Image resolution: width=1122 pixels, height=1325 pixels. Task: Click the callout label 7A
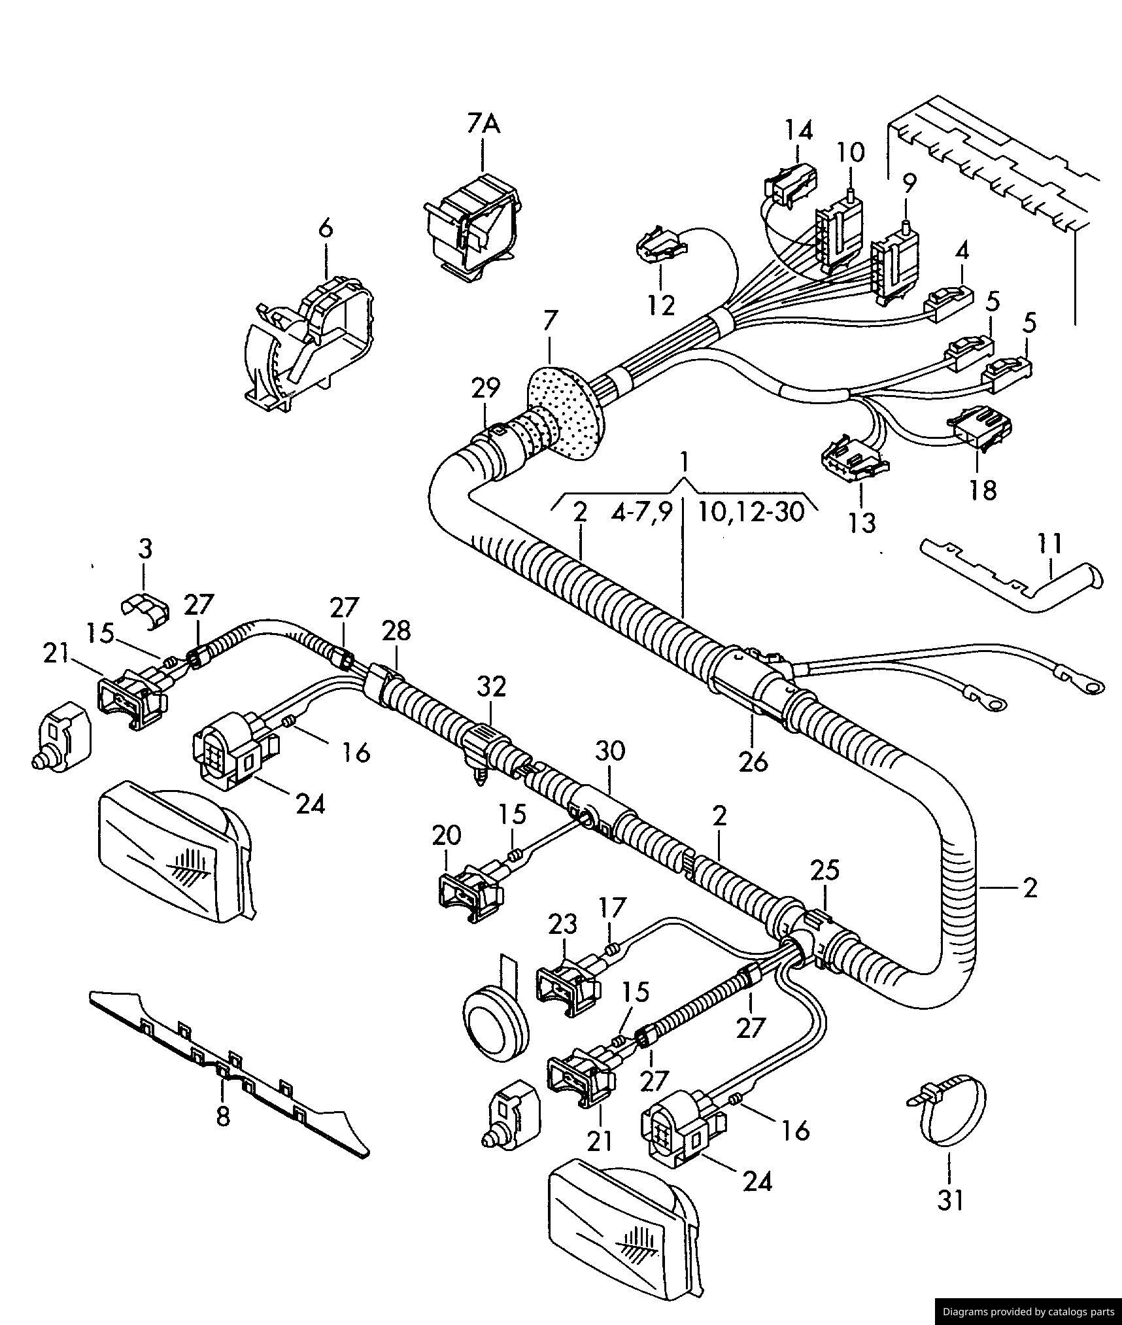(x=483, y=123)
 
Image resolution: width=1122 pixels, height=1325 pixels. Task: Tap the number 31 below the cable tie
(x=950, y=1200)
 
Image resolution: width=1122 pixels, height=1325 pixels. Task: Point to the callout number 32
(x=491, y=687)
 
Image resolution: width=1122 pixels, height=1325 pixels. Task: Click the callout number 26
(x=753, y=761)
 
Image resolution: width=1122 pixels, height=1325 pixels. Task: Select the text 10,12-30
(x=751, y=511)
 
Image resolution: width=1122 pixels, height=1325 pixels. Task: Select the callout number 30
(x=609, y=751)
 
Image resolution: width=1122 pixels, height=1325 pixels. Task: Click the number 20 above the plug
(x=447, y=835)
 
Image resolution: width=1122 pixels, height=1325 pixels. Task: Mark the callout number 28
(x=396, y=630)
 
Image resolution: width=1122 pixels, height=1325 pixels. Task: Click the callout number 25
(x=824, y=870)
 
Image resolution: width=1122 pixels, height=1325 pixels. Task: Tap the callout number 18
(x=983, y=489)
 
